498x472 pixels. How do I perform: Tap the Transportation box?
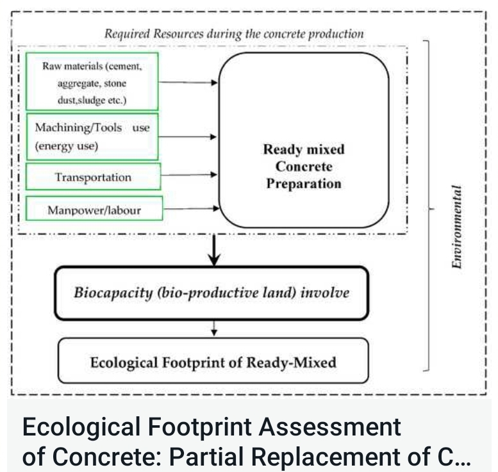(x=92, y=177)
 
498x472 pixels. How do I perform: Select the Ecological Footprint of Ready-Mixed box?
(x=213, y=362)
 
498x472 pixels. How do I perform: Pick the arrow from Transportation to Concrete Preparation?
(x=189, y=174)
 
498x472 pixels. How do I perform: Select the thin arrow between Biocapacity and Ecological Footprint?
(x=215, y=328)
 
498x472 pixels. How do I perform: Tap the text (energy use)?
(x=67, y=145)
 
